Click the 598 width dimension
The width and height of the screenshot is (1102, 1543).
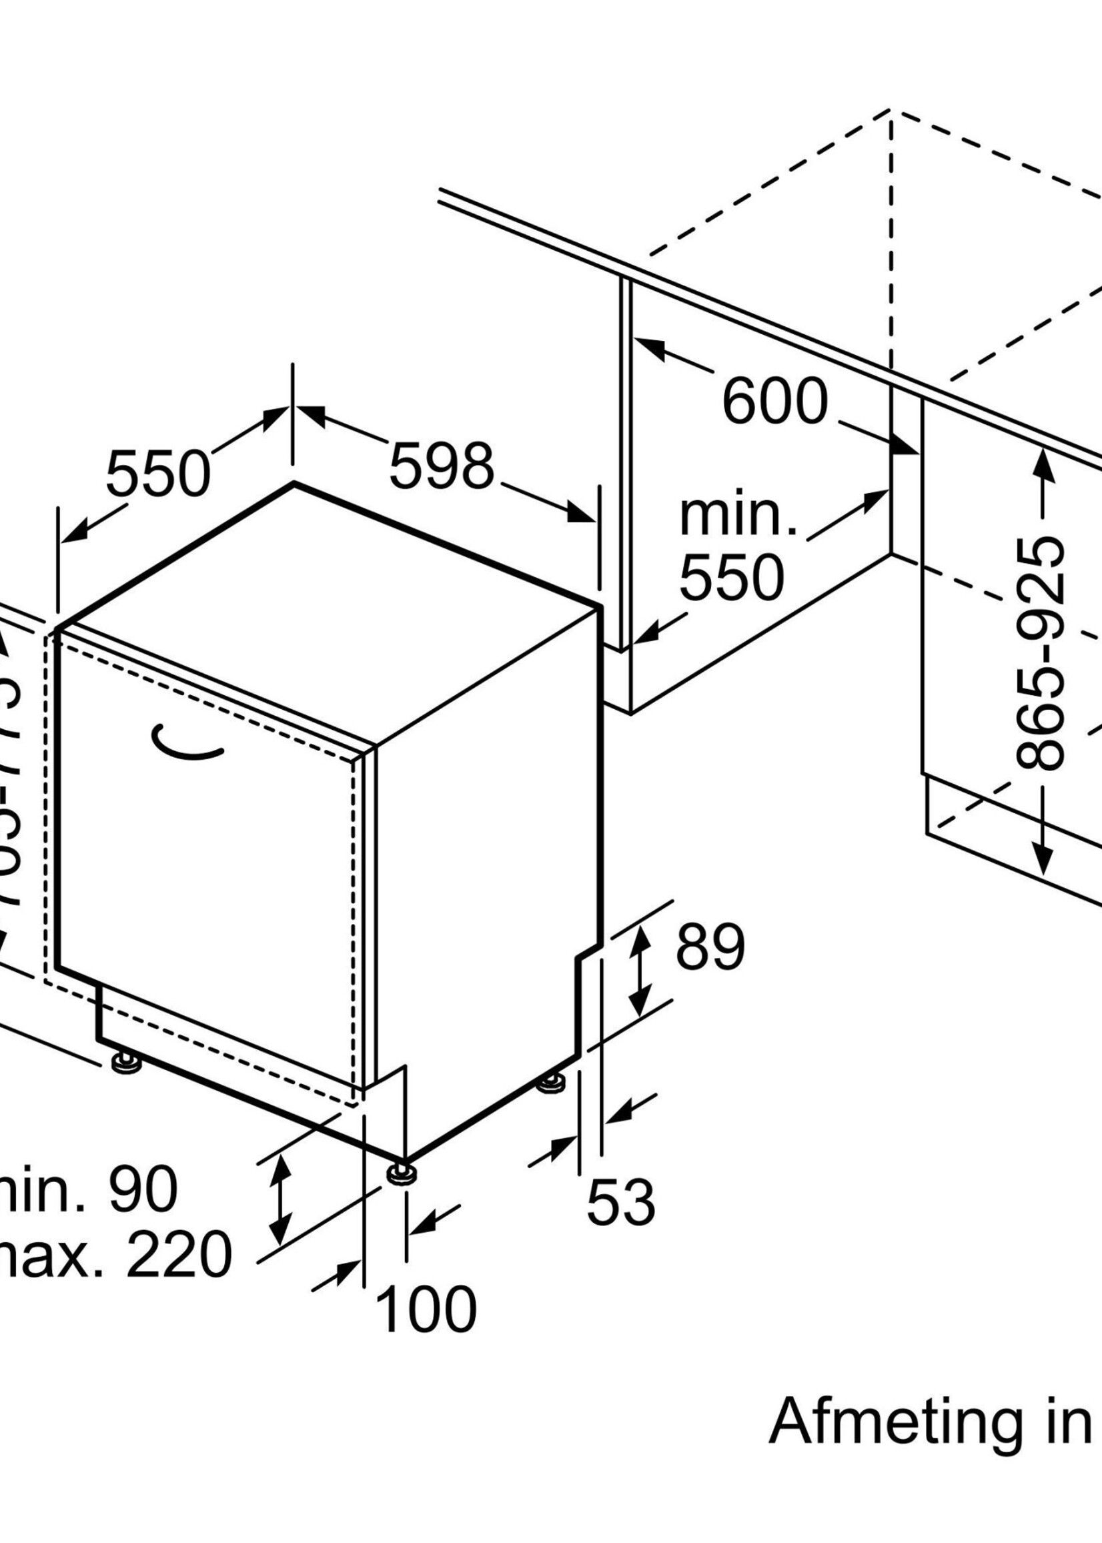coord(441,466)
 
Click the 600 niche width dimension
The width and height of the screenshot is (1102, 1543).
coord(774,402)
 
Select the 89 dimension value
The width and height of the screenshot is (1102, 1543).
coord(710,945)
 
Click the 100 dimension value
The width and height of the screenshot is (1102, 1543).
coord(426,1329)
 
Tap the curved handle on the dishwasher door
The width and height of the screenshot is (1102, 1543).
coord(187,743)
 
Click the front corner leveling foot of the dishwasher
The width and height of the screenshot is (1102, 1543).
coord(402,1175)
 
